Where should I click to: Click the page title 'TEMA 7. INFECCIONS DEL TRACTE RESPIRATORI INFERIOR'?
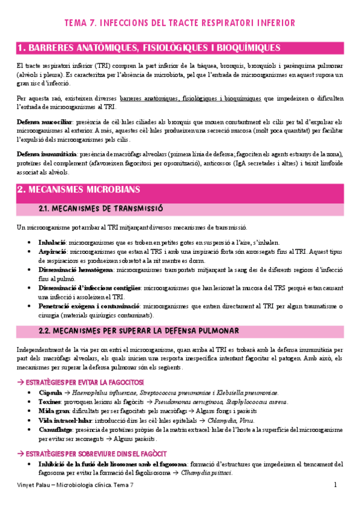coord(180,23)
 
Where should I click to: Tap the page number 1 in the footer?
coord(335,485)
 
